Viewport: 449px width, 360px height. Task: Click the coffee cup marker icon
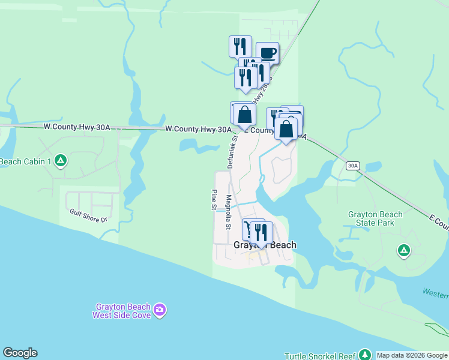267,53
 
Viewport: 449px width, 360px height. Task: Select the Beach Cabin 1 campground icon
60,161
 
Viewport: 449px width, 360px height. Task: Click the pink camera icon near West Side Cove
159,310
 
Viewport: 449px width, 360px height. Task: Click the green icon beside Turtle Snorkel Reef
364,355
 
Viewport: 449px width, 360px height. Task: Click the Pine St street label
213,199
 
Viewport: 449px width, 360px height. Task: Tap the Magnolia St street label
228,212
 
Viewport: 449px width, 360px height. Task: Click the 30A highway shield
353,166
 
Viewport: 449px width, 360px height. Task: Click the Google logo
20,353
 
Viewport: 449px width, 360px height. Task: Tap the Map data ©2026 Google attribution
412,355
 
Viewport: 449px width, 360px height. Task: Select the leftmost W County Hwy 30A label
77,127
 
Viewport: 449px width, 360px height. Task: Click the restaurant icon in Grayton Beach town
261,231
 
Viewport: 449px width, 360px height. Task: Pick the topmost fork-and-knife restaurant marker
240,46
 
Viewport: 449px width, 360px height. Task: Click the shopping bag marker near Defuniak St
244,114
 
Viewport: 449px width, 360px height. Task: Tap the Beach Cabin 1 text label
24,161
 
